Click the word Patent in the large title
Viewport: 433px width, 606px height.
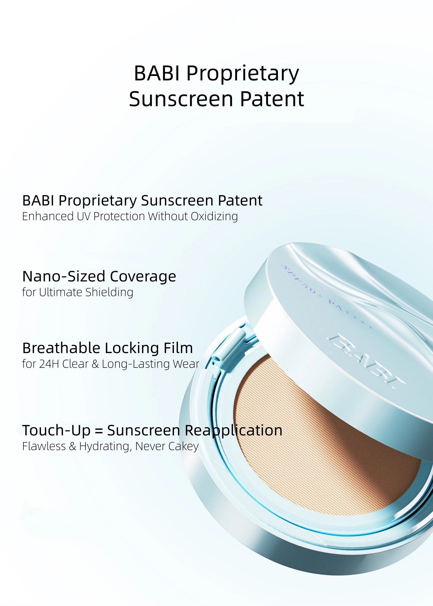tap(272, 99)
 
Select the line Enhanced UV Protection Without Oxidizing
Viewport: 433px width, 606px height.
tap(130, 216)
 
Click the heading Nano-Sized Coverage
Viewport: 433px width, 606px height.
tap(99, 276)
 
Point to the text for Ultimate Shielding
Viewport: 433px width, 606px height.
tap(78, 292)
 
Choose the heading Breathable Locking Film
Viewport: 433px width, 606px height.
tap(107, 348)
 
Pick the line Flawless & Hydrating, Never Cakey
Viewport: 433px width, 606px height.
tap(110, 446)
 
